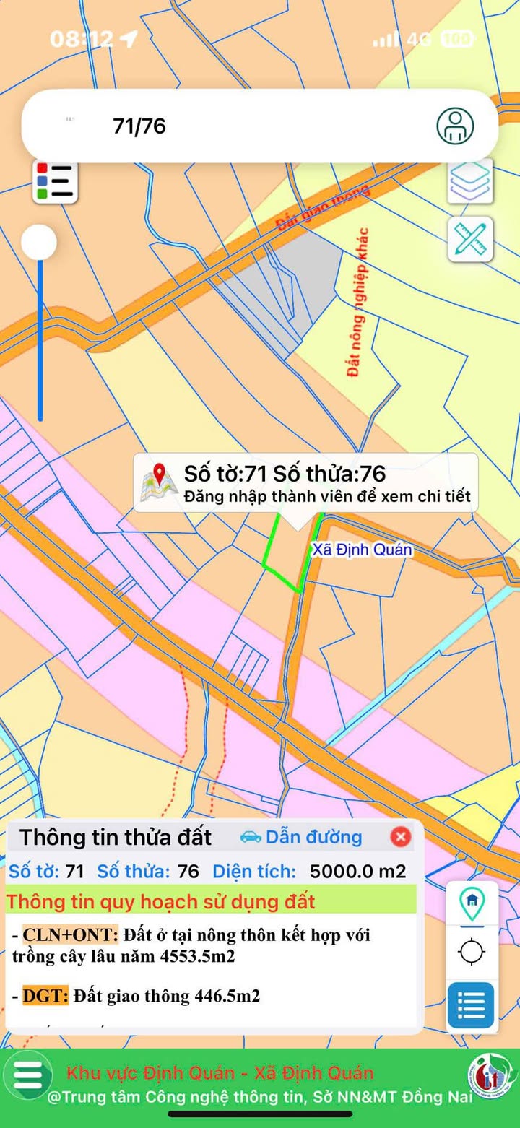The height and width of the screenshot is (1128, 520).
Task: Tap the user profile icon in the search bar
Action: pos(455,126)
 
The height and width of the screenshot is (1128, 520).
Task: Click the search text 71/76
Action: pos(139,126)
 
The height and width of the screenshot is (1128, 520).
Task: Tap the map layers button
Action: pos(470,181)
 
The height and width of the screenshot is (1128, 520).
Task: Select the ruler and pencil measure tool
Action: pos(470,238)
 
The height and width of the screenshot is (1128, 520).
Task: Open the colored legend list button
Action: pos(56,181)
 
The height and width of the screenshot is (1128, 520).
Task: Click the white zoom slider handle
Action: pos(39,242)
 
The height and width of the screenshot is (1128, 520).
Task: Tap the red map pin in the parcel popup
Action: pos(160,482)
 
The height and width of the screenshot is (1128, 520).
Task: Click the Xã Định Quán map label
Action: pos(362,550)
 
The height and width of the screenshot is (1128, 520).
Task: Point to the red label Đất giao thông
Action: pos(323,207)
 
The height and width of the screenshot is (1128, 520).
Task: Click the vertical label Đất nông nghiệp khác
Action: pos(357,302)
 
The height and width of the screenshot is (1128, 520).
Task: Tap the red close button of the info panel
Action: pos(400,836)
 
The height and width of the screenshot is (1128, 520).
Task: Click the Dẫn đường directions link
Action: pos(301,837)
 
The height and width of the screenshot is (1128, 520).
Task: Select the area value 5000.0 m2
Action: pos(357,871)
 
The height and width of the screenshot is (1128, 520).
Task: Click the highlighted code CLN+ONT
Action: pos(70,934)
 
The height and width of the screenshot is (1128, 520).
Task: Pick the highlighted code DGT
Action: pos(45,996)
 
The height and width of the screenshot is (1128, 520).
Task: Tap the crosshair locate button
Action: pos(472,952)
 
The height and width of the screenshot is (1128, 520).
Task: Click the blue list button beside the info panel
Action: pos(471,1005)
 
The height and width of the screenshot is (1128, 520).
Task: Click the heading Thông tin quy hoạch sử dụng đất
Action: pos(161,901)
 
